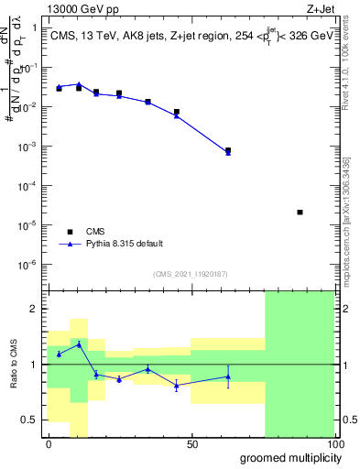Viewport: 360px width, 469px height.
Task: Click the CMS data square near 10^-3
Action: (x=228, y=150)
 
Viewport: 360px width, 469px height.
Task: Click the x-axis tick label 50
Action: (x=191, y=444)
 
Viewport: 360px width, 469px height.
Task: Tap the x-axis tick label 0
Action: (x=49, y=444)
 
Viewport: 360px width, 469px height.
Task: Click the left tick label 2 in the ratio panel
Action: (x=34, y=309)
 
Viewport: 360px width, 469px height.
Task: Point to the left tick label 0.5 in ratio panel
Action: (x=30, y=420)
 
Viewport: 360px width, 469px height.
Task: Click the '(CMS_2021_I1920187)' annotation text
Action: (x=190, y=273)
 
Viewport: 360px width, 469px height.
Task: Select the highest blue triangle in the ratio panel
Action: (x=79, y=344)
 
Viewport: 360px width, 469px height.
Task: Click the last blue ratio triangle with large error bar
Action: (x=228, y=376)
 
